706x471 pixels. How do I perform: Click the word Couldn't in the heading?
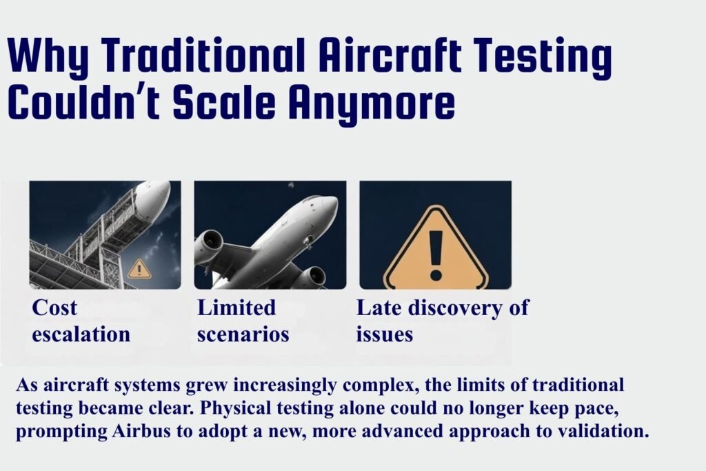[84, 103]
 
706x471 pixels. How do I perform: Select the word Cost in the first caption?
[54, 308]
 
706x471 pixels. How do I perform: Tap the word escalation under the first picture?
[81, 334]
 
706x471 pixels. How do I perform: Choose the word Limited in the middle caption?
[236, 308]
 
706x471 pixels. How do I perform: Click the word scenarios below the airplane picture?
[243, 334]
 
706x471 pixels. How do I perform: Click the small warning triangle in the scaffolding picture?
[139, 268]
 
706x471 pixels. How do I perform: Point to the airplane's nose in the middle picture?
[330, 205]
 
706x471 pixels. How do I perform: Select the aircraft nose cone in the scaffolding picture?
[154, 196]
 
